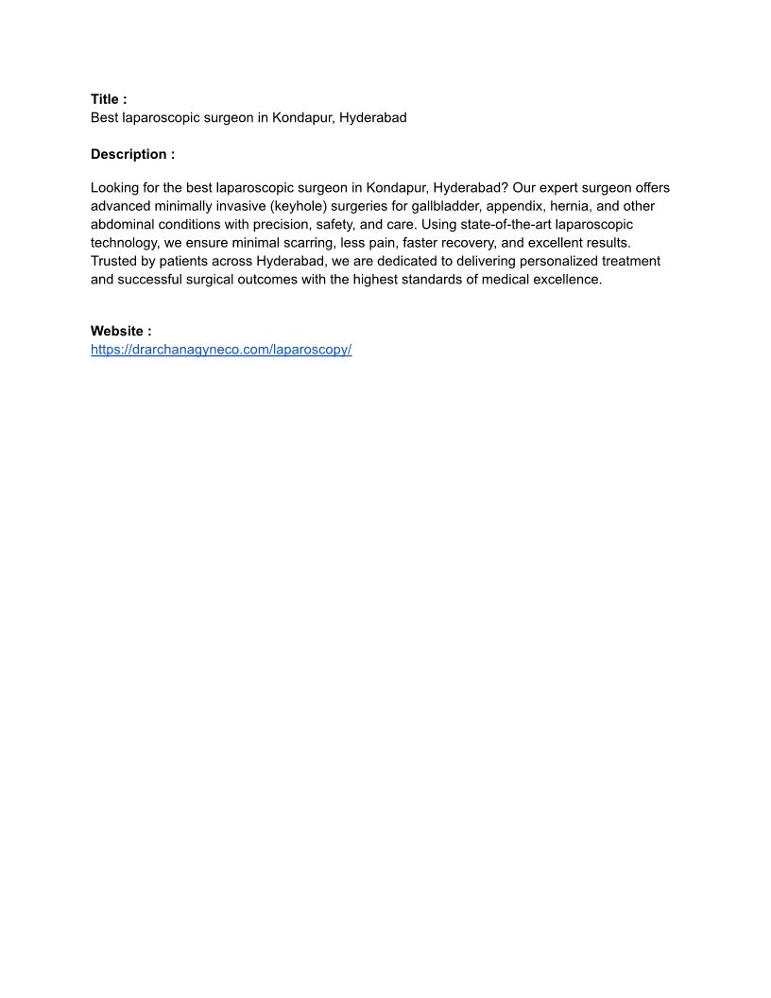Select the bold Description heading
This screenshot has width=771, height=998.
(x=132, y=154)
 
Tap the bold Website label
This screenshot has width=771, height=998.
(x=121, y=331)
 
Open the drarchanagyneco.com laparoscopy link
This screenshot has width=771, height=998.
(x=221, y=350)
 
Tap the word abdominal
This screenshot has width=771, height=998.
(x=126, y=225)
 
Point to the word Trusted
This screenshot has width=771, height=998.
(x=114, y=261)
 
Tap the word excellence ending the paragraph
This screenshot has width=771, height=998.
(x=568, y=280)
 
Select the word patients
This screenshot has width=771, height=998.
(x=175, y=261)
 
